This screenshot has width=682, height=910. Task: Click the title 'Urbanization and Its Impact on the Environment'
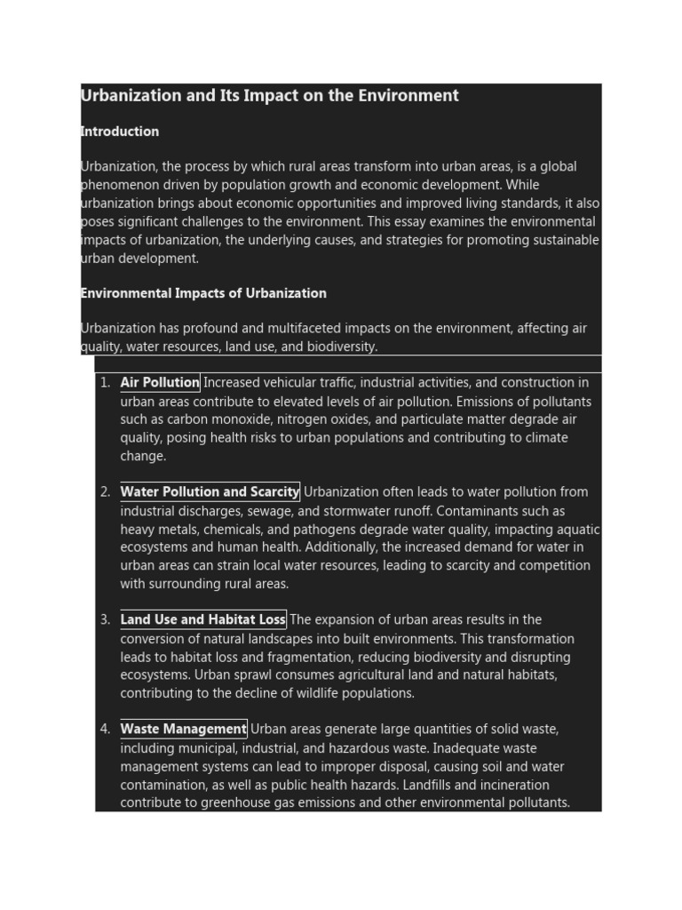(x=270, y=95)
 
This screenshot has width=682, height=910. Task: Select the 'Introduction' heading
(x=120, y=132)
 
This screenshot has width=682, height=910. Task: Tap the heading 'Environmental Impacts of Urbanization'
(x=203, y=293)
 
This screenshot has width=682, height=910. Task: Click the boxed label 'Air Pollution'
(x=160, y=383)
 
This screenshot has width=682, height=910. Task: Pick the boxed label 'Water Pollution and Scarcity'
(x=210, y=492)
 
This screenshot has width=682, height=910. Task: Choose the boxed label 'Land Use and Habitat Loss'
(x=203, y=620)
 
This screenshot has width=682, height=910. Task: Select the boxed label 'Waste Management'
(x=184, y=730)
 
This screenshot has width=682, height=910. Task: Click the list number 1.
(x=104, y=383)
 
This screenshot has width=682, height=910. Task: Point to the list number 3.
(x=104, y=620)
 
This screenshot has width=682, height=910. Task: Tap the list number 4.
(x=104, y=730)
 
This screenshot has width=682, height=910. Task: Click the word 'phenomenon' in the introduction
(x=119, y=186)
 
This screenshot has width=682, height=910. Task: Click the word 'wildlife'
(x=314, y=693)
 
